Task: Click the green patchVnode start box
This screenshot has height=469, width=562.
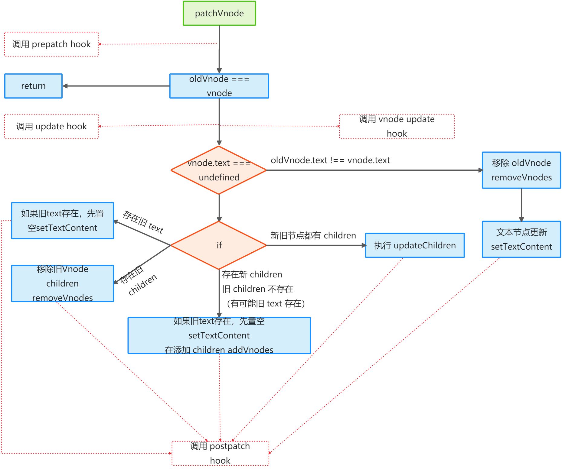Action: pos(219,13)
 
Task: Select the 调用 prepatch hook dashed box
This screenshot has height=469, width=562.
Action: pos(51,44)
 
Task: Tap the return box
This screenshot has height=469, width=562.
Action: pos(33,86)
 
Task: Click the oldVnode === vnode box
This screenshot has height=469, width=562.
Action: pos(219,86)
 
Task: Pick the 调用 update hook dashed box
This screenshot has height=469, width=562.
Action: pos(51,126)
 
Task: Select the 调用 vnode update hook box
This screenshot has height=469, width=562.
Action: pos(397,126)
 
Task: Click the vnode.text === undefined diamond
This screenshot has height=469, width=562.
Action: pos(219,170)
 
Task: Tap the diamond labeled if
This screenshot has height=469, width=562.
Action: pos(219,245)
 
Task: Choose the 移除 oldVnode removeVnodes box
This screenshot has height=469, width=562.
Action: pos(521,170)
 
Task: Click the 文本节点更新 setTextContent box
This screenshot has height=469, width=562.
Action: pos(521,239)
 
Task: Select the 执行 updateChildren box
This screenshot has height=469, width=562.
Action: pos(415,245)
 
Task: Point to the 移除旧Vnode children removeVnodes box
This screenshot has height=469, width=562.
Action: pos(63,283)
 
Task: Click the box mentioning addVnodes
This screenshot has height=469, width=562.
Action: pos(219,335)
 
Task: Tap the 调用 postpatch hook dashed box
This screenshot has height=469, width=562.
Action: pos(220,453)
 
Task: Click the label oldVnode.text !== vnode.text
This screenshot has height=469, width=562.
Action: pos(330,160)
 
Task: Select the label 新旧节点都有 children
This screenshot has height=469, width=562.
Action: pos(313,235)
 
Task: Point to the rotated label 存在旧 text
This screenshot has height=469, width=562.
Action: pos(143,222)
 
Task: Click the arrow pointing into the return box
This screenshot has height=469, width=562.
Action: pos(116,86)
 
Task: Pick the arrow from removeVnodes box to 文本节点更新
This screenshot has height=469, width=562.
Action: pos(521,205)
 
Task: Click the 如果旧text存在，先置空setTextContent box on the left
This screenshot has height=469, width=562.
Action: pos(63,221)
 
